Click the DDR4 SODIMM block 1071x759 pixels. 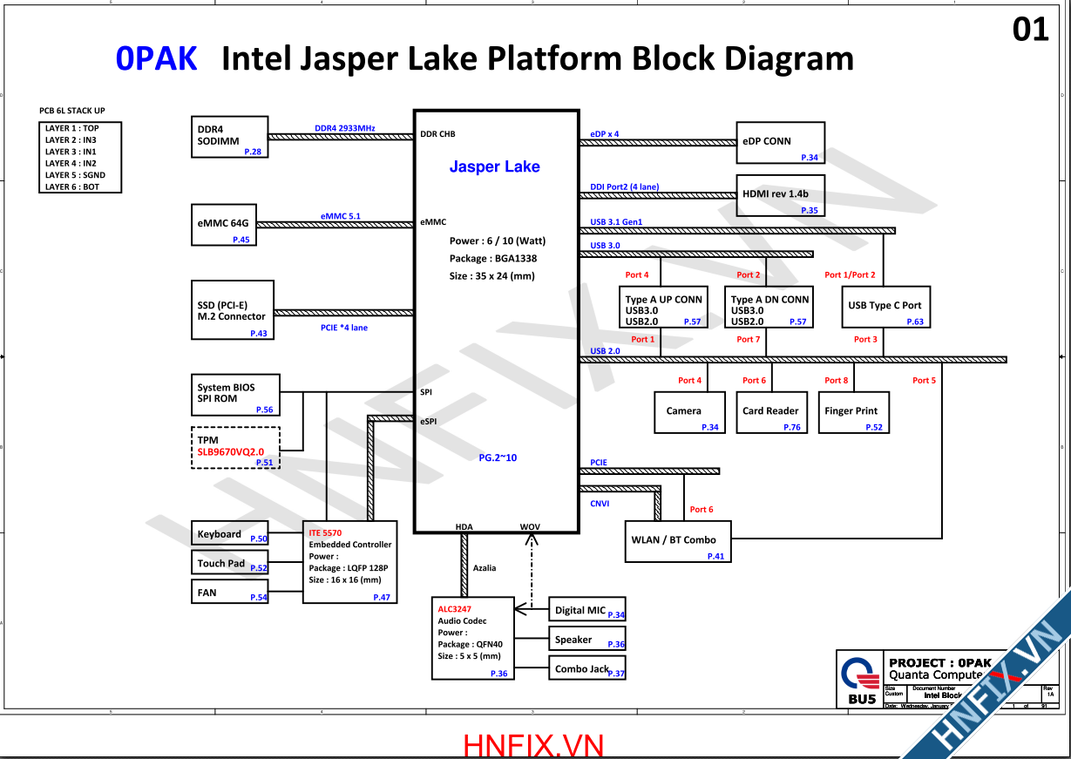(x=229, y=136)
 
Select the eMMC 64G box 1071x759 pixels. (x=224, y=225)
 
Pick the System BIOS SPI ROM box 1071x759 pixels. (x=235, y=394)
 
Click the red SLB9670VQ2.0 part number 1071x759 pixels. (x=230, y=452)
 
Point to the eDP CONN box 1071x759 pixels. (x=780, y=143)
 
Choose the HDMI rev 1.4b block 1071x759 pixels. (x=780, y=196)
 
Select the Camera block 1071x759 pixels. (x=688, y=412)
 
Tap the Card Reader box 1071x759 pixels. (x=770, y=412)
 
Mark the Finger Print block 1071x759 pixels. (x=852, y=412)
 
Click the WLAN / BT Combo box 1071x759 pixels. (x=677, y=541)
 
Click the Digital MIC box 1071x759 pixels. (x=586, y=610)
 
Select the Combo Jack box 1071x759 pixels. (x=586, y=668)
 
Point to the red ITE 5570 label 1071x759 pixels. (x=325, y=532)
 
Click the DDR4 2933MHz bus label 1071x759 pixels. (x=344, y=128)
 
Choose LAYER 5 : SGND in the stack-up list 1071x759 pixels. (x=75, y=175)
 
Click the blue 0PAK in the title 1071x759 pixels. (x=156, y=58)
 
